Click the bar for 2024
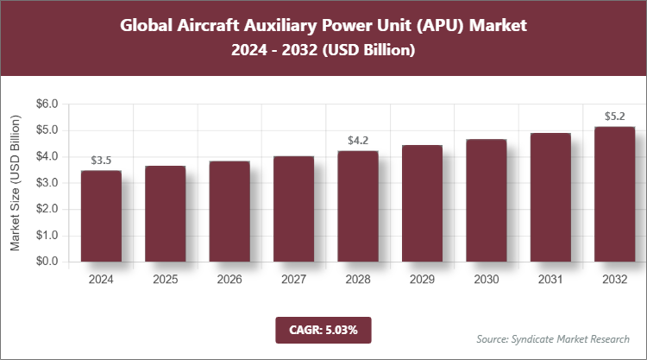(101, 216)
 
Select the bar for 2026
(229, 212)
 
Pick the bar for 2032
(613, 194)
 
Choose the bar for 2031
(550, 198)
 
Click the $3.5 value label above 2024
(101, 160)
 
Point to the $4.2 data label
(358, 140)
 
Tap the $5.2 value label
(613, 116)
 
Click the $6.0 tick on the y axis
(47, 104)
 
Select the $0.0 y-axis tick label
(47, 262)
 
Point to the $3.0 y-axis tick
(47, 183)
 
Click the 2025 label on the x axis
(165, 280)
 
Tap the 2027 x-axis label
(293, 280)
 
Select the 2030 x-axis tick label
(486, 280)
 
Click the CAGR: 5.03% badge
(323, 329)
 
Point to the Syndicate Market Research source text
(553, 338)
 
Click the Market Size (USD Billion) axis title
(15, 182)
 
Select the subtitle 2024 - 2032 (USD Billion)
(323, 51)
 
